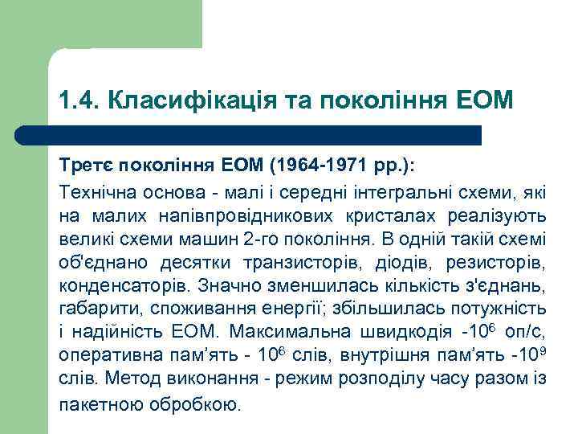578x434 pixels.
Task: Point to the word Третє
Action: [86, 165]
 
